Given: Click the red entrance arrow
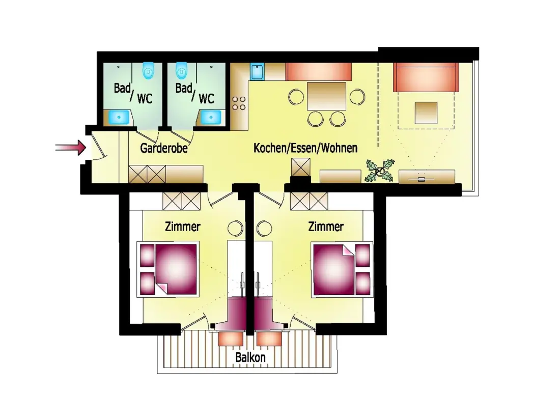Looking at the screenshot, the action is [71, 147].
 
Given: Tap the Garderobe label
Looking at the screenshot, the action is [164, 148].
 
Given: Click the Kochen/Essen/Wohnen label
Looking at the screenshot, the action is [305, 148].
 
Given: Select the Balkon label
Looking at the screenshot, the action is [250, 357].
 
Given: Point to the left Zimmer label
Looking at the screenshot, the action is [182, 227].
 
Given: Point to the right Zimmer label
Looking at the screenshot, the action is [326, 227].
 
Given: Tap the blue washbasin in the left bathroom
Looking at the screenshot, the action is [119, 117].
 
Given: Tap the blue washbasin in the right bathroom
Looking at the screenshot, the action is [211, 117].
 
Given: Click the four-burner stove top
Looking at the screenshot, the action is [239, 103].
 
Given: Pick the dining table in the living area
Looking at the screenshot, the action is [326, 96].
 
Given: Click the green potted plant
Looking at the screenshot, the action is [380, 171].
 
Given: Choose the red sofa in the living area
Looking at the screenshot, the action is [426, 77].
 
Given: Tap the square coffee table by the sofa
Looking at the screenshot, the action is [426, 113].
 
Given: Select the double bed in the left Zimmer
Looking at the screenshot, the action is [168, 269].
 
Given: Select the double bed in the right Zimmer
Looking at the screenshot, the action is [342, 269].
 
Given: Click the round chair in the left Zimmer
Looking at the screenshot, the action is [235, 228].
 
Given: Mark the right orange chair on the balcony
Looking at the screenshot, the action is [269, 339].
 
